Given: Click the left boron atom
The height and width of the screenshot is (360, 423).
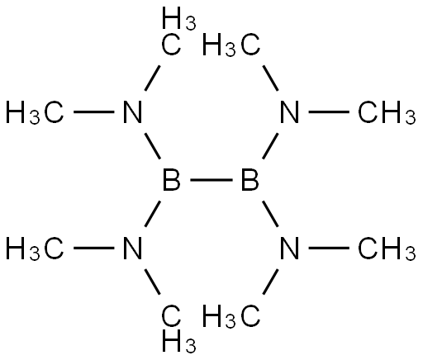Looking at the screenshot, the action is [171, 180].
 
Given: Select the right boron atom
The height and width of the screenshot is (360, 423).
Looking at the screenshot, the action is [250, 180].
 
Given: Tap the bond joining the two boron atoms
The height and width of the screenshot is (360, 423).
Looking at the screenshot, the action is [211, 180].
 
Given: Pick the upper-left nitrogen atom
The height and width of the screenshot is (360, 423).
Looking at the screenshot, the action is [132, 111].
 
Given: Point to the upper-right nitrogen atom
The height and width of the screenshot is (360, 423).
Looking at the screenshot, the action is [289, 111].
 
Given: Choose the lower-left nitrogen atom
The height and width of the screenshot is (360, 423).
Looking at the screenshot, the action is [132, 249].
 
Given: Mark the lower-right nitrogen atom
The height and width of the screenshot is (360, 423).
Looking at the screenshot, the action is [289, 249].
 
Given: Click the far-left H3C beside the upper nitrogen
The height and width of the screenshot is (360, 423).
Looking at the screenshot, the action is [35, 112].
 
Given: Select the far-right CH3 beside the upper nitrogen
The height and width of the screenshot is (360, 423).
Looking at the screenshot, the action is [387, 112].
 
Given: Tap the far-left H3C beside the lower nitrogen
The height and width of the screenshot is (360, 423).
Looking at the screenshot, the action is [35, 249].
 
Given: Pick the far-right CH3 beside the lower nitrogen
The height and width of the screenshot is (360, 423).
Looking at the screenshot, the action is [387, 249].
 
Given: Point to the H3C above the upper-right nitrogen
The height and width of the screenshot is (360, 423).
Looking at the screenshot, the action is [231, 45].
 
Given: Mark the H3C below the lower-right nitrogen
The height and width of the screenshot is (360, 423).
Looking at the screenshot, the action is [231, 315].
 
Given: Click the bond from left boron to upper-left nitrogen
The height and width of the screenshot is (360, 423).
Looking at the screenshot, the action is [153, 146].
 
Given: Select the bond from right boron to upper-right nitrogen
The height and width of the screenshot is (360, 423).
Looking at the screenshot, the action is [270, 146].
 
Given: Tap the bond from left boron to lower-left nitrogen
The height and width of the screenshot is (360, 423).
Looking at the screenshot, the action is [153, 214].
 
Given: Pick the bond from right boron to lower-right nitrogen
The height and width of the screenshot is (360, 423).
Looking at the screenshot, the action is [270, 214].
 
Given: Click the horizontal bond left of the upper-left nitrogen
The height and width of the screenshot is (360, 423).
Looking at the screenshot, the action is [94, 111].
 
